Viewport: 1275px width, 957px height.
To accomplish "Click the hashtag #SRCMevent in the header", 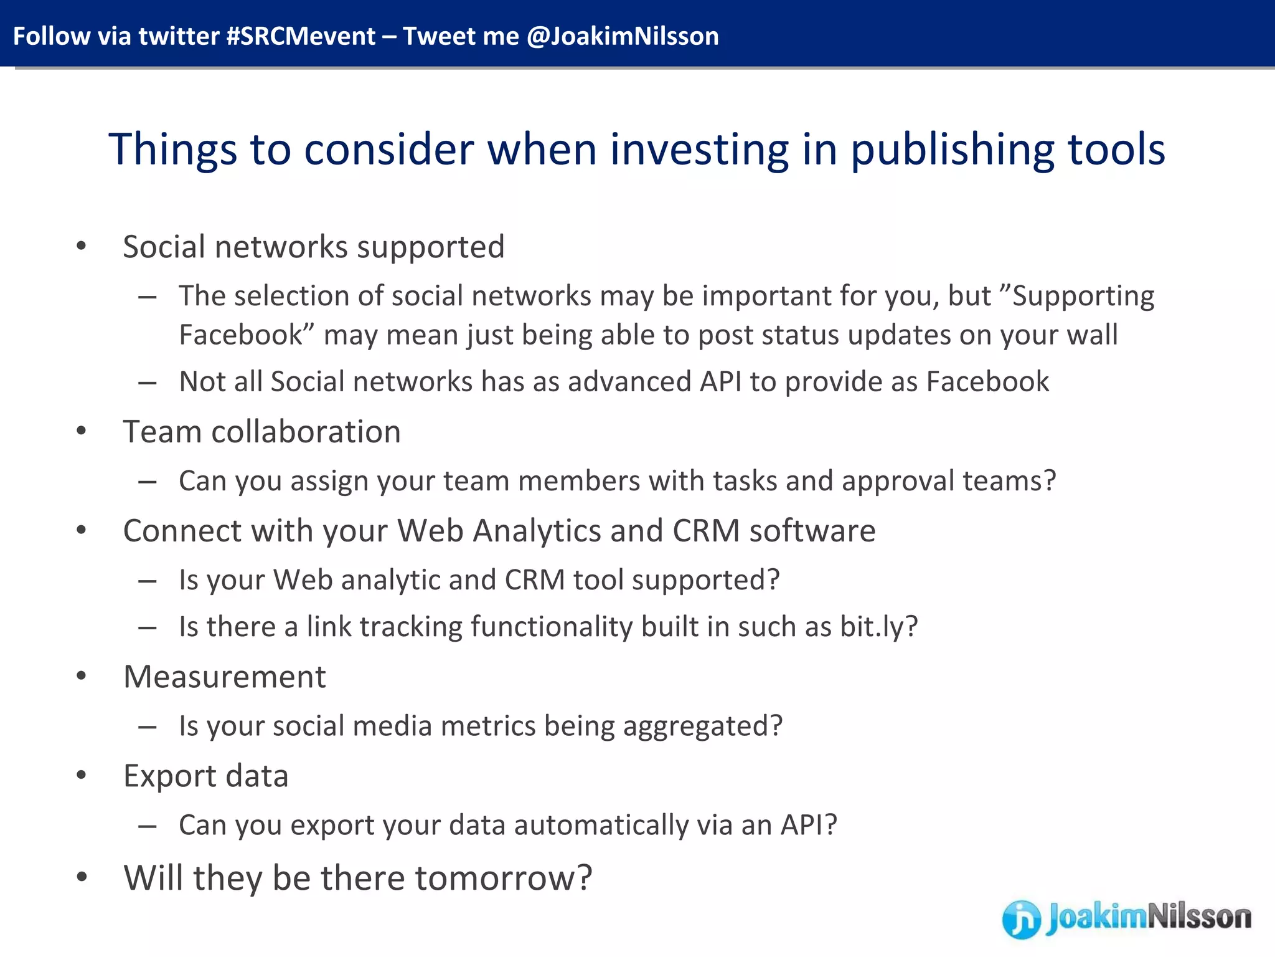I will pos(301,36).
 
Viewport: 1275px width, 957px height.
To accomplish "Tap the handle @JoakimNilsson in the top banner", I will pos(623,36).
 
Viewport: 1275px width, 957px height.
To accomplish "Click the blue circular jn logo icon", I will pos(1021,919).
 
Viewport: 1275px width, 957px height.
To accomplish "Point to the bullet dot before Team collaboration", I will pos(81,431).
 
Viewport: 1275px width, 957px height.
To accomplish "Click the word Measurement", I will pos(225,677).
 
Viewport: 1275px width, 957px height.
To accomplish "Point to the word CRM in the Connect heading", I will pos(706,531).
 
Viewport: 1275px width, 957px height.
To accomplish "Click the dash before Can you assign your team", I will pos(148,482).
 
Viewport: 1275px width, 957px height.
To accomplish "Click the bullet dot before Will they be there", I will pos(81,877).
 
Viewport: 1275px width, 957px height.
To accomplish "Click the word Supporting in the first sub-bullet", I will pos(1083,296).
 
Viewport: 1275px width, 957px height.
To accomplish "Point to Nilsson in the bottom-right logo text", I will pos(1199,917).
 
